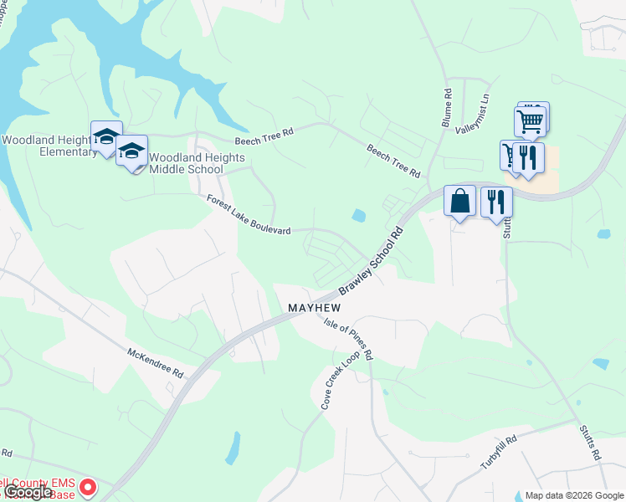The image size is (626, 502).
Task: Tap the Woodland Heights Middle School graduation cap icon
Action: click(131, 151)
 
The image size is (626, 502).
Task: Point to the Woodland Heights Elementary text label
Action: click(50, 146)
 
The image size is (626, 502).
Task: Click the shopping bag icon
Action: click(459, 202)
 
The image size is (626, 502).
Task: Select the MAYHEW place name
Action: click(316, 308)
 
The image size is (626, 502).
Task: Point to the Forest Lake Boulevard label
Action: click(249, 215)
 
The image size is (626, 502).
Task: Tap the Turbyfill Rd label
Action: click(499, 452)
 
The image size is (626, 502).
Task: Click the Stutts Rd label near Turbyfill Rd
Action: click(590, 443)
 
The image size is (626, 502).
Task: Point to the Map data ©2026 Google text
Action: click(573, 495)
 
